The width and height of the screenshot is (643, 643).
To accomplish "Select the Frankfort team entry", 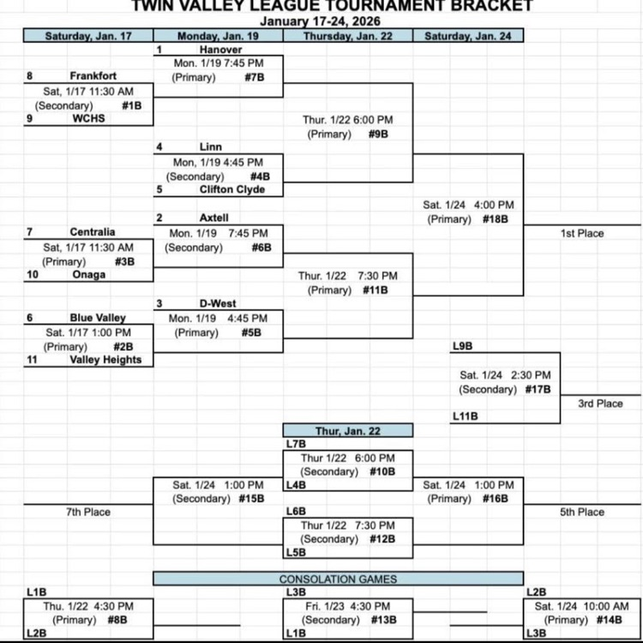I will point(93,76).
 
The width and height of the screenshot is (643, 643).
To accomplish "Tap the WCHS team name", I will point(88,118).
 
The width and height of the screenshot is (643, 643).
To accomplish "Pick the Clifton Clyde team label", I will point(232,189).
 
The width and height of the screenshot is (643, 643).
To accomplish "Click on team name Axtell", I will point(214,218).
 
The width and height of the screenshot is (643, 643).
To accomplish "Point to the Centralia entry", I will point(93,232).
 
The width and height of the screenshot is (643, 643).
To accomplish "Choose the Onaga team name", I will point(88,274).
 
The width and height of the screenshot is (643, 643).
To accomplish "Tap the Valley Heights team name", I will point(105,360).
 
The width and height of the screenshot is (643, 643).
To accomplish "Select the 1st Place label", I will point(582,233).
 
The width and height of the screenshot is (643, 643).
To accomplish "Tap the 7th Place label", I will point(88,512).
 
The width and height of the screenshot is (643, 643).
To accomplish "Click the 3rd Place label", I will point(600,404).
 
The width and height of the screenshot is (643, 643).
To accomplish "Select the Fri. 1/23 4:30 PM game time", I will point(347,605).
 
